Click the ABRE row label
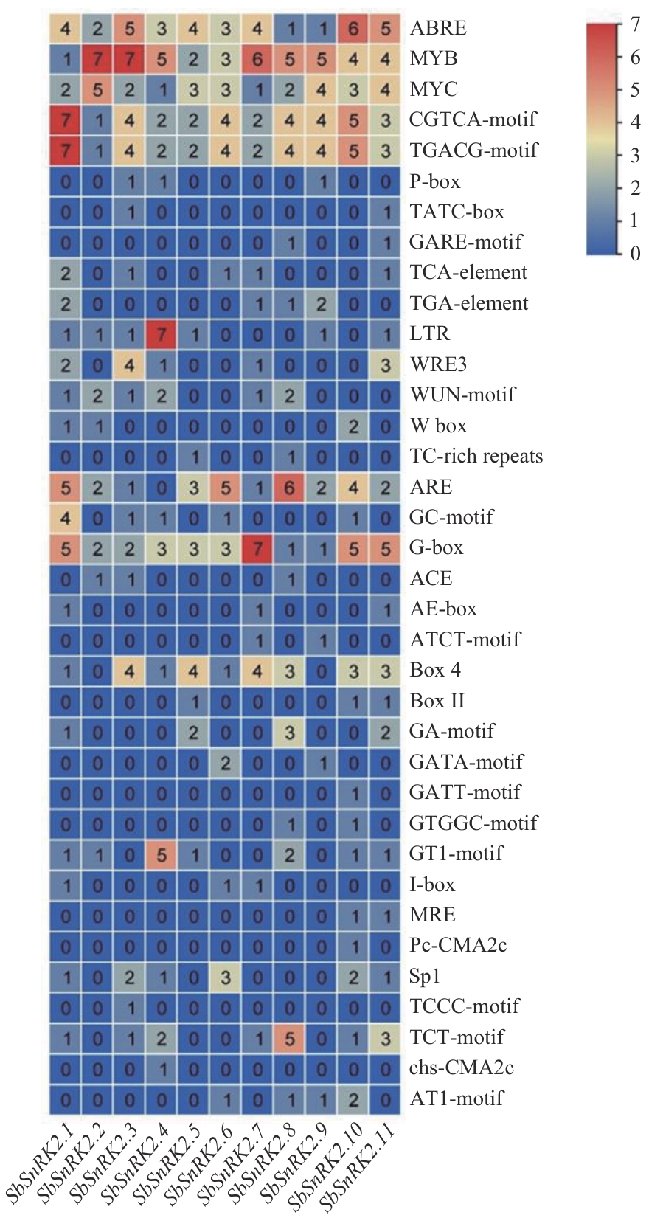tap(438, 28)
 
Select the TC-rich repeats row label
tap(476, 456)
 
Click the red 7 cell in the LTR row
tap(162, 333)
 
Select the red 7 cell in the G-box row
tap(257, 548)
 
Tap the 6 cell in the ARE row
tap(289, 487)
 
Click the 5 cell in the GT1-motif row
tap(162, 854)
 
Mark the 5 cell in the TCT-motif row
tap(289, 1037)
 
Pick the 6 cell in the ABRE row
tap(353, 28)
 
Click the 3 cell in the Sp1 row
tap(226, 976)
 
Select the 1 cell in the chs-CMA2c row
tap(162, 1068)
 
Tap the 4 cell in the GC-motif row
tap(66, 517)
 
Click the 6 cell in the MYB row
tap(257, 58)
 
